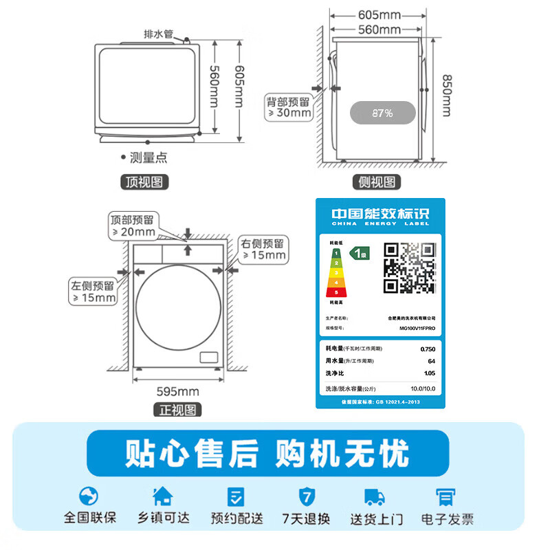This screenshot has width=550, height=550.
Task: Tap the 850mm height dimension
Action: click(447, 95)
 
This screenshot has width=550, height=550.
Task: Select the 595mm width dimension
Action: click(178, 392)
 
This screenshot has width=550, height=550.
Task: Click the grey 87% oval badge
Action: click(382, 113)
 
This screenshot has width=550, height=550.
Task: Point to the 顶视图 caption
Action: click(144, 181)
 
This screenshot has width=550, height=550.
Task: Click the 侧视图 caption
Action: click(377, 181)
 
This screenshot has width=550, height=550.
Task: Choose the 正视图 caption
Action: click(177, 410)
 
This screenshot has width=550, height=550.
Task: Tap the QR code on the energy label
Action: click(409, 267)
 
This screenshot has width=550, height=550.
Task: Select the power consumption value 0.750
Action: click(427, 349)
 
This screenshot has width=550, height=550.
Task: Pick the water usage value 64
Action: click(431, 361)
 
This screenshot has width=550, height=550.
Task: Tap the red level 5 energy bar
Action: click(336, 292)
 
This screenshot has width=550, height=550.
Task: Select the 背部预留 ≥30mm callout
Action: click(289, 107)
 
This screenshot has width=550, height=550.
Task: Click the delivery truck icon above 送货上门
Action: click(374, 496)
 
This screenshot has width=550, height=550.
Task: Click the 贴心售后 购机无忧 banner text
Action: click(267, 454)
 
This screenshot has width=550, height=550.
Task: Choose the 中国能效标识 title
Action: click(380, 214)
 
